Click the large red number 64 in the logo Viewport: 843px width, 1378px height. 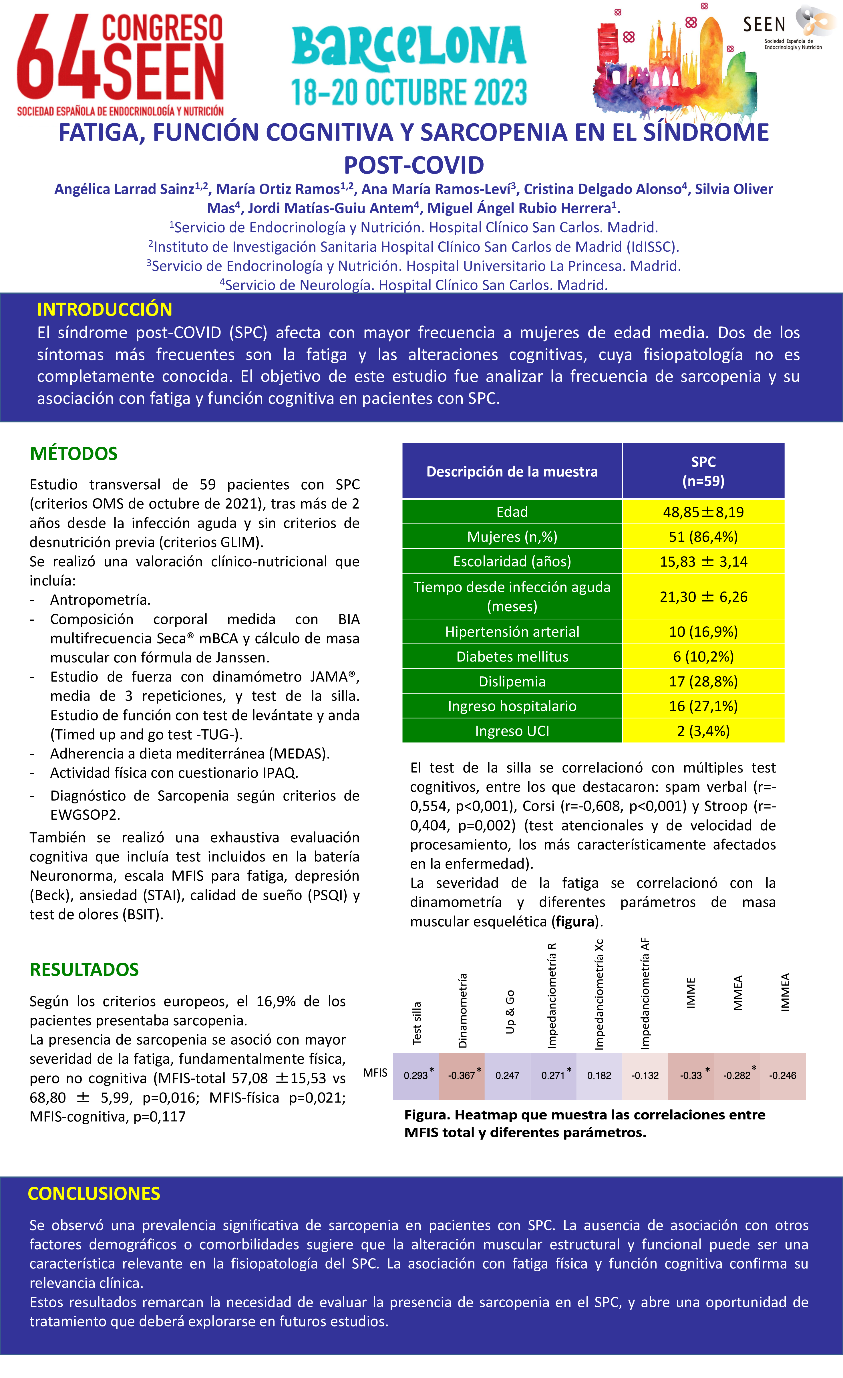[56, 59]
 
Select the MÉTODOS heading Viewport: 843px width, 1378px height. [74, 454]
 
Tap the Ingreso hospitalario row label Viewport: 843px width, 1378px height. [512, 706]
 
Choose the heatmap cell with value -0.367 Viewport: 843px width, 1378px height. [462, 1075]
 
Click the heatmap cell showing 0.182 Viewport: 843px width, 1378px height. [599, 1075]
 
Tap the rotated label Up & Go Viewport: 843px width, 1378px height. [510, 1012]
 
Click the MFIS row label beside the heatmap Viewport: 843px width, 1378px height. [375, 1073]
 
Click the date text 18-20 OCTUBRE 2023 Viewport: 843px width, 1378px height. [409, 92]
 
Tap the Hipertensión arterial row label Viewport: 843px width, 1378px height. [512, 632]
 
